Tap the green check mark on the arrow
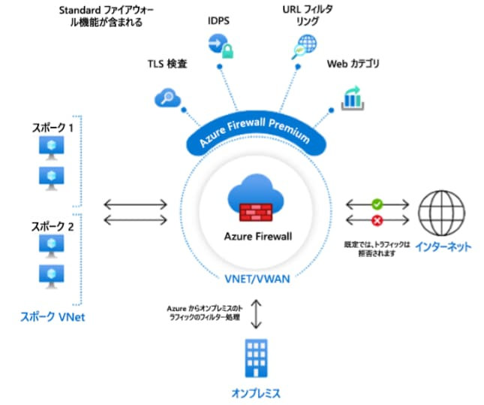pyautogui.click(x=377, y=203)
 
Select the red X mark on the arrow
pyautogui.click(x=377, y=219)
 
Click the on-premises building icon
pyautogui.click(x=256, y=358)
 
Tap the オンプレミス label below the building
pyautogui.click(x=257, y=392)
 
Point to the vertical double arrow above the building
pyautogui.click(x=256, y=313)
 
